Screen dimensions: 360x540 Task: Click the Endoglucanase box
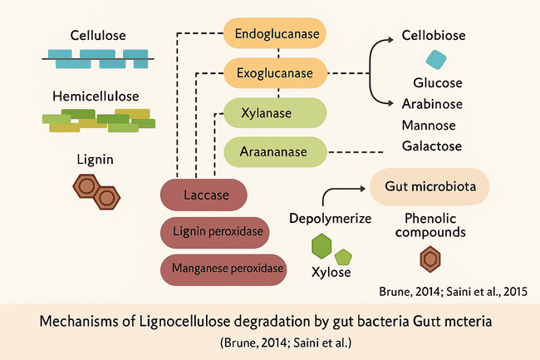pos(275,35)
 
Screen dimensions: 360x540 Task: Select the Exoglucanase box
pos(275,73)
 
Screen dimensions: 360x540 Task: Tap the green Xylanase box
pos(275,113)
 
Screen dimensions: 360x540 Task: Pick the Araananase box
pos(275,151)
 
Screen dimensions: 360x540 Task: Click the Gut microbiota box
pos(430,186)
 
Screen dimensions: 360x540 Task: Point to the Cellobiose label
pos(433,36)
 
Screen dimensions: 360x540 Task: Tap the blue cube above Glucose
pos(436,60)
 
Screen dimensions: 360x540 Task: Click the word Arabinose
pos(432,104)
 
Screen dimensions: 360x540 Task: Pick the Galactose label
pos(432,146)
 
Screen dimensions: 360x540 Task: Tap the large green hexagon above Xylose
pos(322,246)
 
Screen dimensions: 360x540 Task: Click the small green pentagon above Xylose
pos(343,256)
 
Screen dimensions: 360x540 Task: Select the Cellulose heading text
pos(98,37)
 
